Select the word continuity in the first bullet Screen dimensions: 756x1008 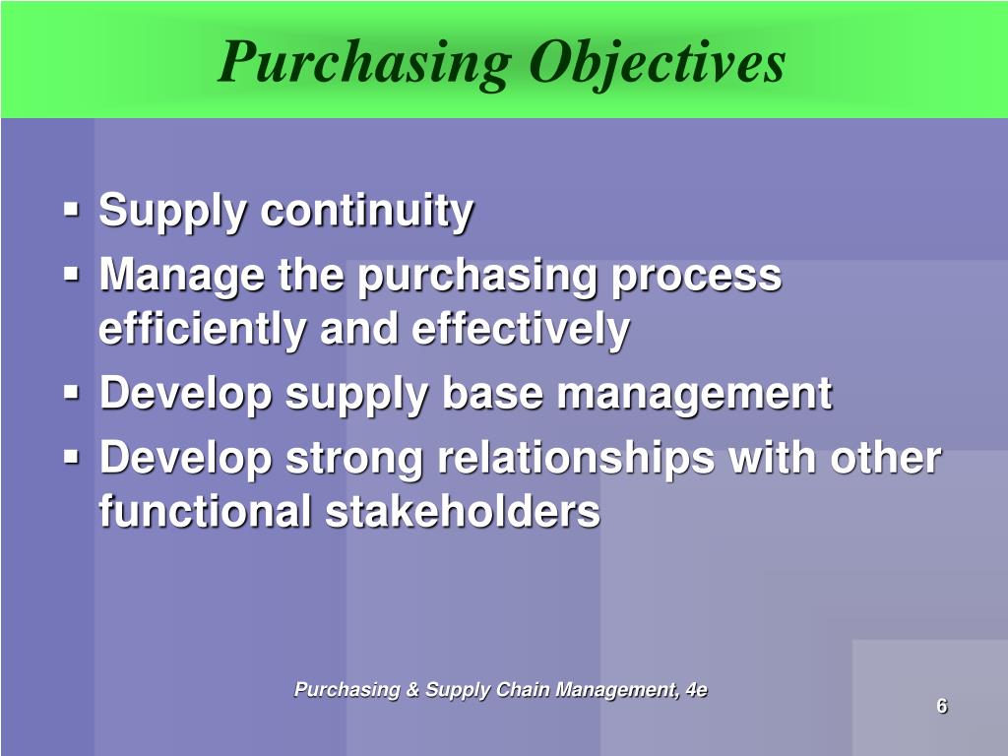pos(366,212)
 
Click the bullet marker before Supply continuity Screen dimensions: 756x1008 pos(72,210)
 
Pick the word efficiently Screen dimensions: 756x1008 pos(202,330)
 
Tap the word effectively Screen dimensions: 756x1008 pos(520,330)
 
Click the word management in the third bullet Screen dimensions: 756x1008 pos(695,395)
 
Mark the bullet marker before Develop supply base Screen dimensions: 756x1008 pos(72,393)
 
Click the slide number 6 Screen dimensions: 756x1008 pos(942,706)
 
